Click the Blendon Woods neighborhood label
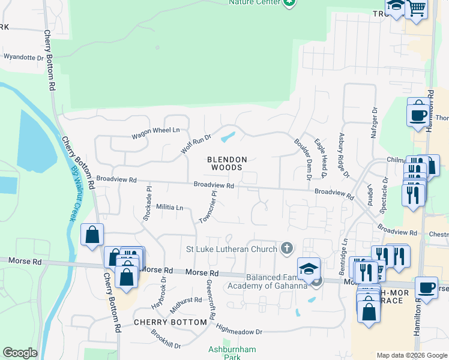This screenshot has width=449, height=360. pyautogui.click(x=227, y=163)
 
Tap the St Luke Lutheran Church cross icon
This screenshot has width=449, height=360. pyautogui.click(x=287, y=248)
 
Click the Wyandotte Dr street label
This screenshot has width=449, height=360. pyautogui.click(x=24, y=58)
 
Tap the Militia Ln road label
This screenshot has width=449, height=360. pyautogui.click(x=169, y=207)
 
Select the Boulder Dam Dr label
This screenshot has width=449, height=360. pyautogui.click(x=303, y=160)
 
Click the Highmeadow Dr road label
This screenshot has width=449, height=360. pyautogui.click(x=239, y=329)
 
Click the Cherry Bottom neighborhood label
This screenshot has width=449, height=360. pyautogui.click(x=162, y=322)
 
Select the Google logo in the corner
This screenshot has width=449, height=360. pyautogui.click(x=20, y=353)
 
